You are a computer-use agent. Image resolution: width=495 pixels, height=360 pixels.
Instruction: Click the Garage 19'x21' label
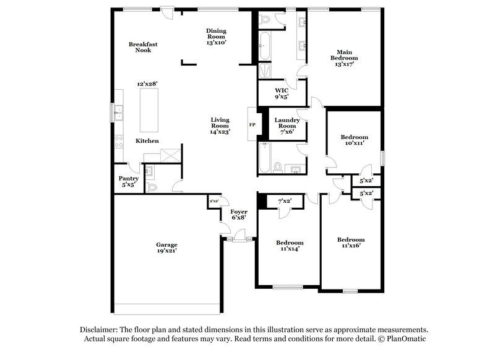[x=166, y=248]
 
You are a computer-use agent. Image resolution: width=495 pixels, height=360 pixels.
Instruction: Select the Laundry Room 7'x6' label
[x=287, y=126]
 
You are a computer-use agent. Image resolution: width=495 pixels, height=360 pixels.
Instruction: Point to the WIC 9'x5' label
[x=282, y=93]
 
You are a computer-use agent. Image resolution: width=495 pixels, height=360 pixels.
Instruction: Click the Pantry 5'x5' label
[x=128, y=181]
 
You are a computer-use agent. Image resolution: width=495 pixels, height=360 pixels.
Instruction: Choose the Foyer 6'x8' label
[x=239, y=215]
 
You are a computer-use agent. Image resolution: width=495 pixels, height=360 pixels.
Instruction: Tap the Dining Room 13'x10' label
[x=217, y=36]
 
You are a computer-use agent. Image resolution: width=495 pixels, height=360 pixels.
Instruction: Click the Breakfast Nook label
[x=140, y=47]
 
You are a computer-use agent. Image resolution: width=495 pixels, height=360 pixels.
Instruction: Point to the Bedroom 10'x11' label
[x=355, y=140]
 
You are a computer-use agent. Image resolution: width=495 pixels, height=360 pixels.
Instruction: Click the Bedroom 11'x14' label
[x=290, y=246]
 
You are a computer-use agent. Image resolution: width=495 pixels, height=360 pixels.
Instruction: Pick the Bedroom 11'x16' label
[x=351, y=242]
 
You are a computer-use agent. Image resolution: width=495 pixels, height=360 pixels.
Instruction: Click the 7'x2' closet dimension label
[x=285, y=201]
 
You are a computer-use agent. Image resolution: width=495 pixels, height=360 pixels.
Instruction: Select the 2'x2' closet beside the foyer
[x=213, y=202]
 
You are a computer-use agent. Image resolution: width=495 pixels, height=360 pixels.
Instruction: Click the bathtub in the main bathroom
[x=264, y=46]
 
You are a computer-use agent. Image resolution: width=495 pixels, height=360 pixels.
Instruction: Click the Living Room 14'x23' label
[x=220, y=126]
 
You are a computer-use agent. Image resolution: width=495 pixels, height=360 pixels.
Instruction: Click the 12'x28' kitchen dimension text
[x=148, y=84]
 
